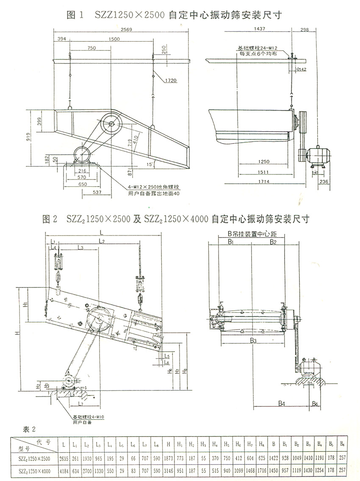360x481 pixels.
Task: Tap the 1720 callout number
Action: point(171,80)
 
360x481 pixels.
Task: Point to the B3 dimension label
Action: point(253,340)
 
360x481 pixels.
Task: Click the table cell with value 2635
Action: point(64,458)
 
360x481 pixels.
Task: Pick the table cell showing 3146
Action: point(169,470)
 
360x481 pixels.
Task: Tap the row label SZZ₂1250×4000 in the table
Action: point(32,470)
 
